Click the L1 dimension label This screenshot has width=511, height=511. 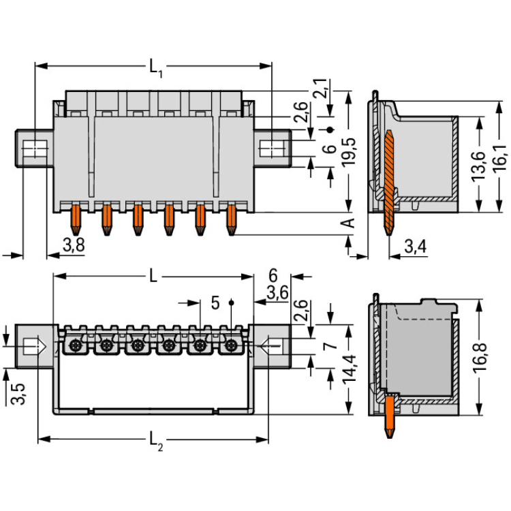point(155,67)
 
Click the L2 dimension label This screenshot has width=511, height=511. point(156,443)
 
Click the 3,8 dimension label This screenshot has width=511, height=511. point(73,246)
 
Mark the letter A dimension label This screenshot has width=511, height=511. point(348,223)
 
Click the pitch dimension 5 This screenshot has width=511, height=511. point(215,303)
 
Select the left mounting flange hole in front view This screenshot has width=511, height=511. point(32,146)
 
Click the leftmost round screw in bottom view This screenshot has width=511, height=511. point(75,345)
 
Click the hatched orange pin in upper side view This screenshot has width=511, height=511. point(389,177)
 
